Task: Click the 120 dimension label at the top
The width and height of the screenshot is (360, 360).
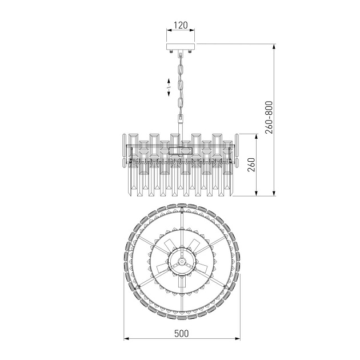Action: (x=181, y=26)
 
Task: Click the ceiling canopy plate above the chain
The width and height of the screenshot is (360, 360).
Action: (x=181, y=47)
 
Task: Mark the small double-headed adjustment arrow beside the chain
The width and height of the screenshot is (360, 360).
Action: (x=169, y=87)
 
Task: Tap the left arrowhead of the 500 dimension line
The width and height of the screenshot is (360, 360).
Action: (x=127, y=341)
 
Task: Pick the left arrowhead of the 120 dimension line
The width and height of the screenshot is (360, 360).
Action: (x=168, y=34)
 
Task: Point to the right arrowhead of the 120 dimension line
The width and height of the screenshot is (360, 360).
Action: (x=193, y=34)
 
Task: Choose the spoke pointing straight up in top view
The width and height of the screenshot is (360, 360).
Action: (x=181, y=226)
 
